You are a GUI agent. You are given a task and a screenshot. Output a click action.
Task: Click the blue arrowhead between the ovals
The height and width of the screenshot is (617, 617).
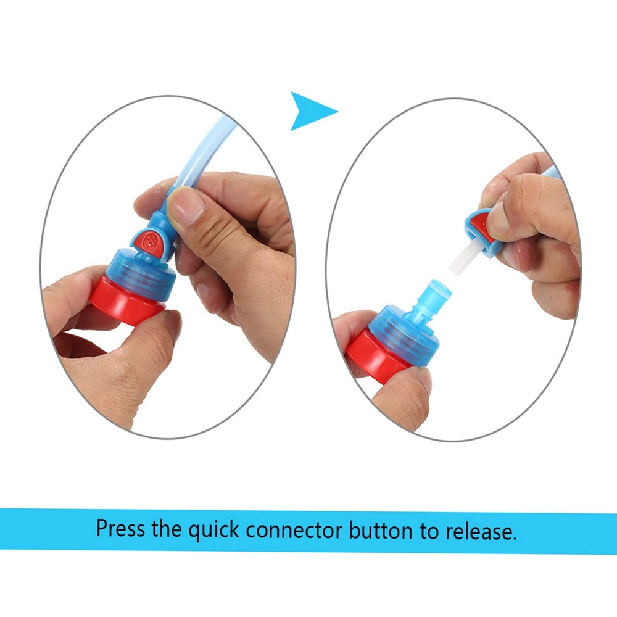pos(310,111)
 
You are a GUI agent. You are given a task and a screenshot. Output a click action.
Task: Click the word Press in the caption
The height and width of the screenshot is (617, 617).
pos(120,529)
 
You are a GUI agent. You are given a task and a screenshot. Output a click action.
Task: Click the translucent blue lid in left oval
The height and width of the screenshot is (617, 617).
pos(142,274)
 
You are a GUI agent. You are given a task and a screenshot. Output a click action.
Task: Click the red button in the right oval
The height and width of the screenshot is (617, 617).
pos(478,223)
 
